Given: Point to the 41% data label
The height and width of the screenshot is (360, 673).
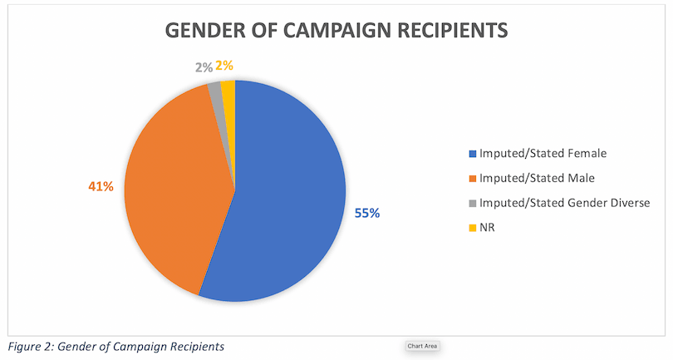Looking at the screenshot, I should pos(101,186).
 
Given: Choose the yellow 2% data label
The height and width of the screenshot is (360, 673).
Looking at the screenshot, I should pos(224,64).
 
